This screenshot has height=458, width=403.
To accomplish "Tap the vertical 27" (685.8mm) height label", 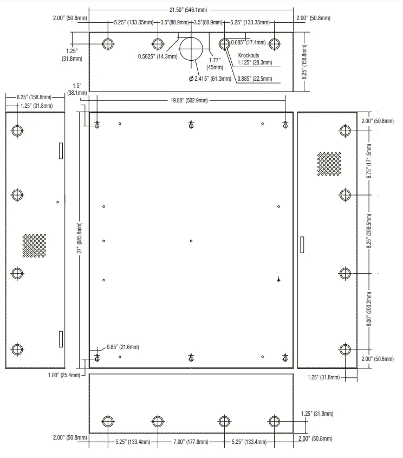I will tap(79, 238).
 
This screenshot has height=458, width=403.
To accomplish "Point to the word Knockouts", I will tap(249, 55).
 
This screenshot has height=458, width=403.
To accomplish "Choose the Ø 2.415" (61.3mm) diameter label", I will tap(210, 79).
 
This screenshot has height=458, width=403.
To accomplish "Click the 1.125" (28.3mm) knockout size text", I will tap(255, 62).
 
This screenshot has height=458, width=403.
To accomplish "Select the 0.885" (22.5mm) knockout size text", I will tap(255, 79).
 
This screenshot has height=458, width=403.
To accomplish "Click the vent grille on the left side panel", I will tap(34, 246).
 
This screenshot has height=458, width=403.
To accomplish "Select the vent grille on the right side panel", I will tap(329, 164).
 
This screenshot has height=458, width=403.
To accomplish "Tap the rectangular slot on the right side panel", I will tap(302, 244).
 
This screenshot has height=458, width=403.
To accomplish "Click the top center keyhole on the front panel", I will tap(191, 125).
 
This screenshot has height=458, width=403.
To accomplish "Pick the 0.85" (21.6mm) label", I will tap(122, 347).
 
